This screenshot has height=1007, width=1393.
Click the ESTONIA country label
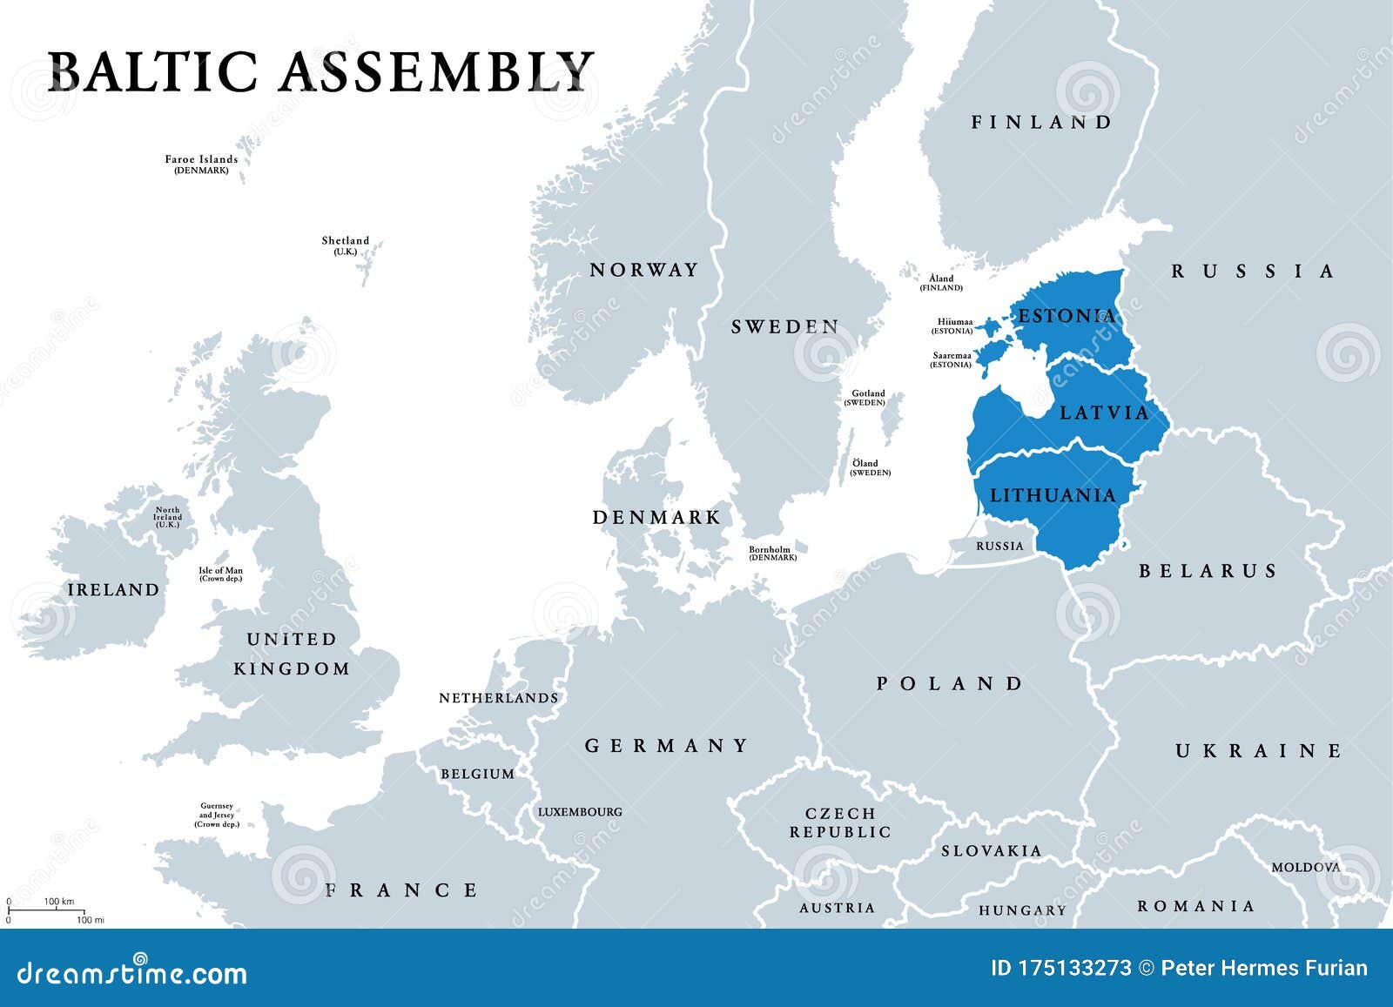click(x=1067, y=315)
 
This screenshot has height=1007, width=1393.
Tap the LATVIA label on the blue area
click(x=1104, y=412)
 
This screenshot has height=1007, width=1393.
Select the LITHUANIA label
click(x=1053, y=495)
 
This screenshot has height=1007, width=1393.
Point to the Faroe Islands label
click(x=201, y=164)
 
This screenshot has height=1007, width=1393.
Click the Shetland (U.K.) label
click(x=345, y=245)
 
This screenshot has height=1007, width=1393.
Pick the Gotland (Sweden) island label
click(x=867, y=398)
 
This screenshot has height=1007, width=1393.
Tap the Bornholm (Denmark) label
click(x=772, y=553)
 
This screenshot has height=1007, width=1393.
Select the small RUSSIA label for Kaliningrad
click(x=999, y=546)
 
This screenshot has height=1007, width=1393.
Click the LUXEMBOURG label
click(x=580, y=811)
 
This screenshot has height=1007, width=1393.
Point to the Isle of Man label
click(x=221, y=574)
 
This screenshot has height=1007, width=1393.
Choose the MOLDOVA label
click(x=1305, y=867)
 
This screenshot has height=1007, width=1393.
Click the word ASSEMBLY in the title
click(x=435, y=71)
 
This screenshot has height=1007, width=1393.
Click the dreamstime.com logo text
click(x=131, y=971)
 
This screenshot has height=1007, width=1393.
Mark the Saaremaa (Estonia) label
click(x=951, y=359)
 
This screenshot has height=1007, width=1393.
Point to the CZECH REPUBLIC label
click(x=840, y=822)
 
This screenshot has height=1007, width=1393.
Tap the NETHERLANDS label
click(x=498, y=697)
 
